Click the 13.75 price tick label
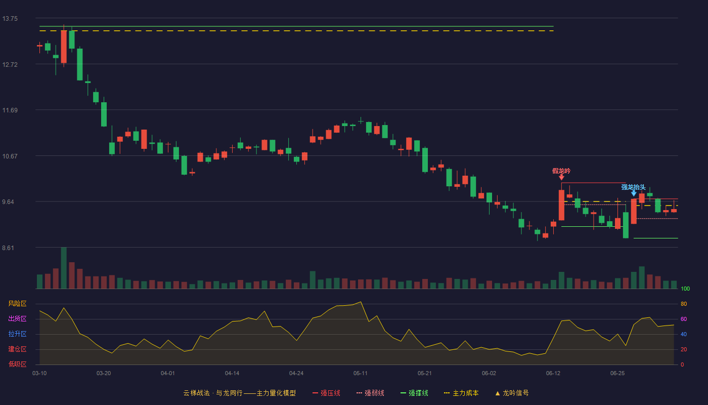tap(10, 19)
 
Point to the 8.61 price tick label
tap(8, 248)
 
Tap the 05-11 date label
tap(360, 374)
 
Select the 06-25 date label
tap(617, 374)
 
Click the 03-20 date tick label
tap(104, 374)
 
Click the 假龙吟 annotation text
tap(561, 171)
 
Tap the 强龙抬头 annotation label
tap(633, 187)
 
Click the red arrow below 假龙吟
tap(561, 177)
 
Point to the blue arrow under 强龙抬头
tap(634, 193)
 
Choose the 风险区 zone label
tap(17, 304)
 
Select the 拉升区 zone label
tap(17, 334)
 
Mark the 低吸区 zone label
tap(17, 364)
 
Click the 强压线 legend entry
tap(326, 393)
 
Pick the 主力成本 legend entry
tap(461, 393)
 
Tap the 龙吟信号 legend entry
tap(512, 393)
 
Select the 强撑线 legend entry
tap(414, 393)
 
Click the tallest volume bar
tap(64, 268)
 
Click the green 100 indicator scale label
tap(685, 289)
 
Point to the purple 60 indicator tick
tap(684, 319)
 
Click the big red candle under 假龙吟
tap(561, 205)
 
